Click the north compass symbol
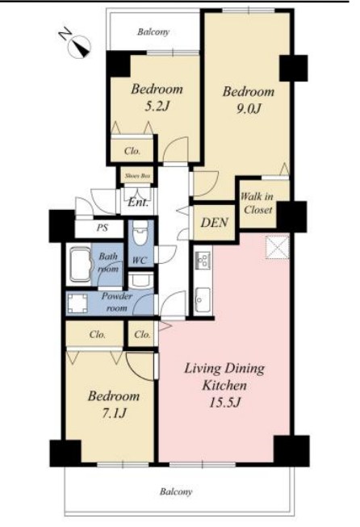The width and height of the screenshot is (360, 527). click(x=78, y=45)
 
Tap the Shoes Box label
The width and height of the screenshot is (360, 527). click(x=137, y=176)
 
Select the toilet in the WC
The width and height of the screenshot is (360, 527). click(x=140, y=233)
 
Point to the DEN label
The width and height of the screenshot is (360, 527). click(x=215, y=223)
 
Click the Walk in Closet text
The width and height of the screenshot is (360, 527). click(x=257, y=203)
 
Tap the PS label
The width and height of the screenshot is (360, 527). click(x=103, y=228)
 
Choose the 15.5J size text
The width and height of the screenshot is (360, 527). click(x=224, y=402)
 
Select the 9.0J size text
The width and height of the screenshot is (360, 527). click(x=249, y=109)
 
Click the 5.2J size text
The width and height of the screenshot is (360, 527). click(x=156, y=107)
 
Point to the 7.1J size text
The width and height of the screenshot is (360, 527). click(x=114, y=412)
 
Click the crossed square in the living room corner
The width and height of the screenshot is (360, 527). click(x=278, y=248)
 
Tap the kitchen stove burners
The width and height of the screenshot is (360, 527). click(x=203, y=260)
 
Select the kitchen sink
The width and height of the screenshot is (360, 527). click(x=203, y=299)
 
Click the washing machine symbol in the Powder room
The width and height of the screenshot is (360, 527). click(x=78, y=303)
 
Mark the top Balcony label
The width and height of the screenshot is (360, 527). click(x=153, y=32)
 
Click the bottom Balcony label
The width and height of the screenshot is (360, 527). click(x=175, y=492)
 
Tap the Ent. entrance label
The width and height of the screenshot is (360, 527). click(x=138, y=203)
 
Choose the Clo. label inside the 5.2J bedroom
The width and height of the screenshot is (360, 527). click(x=132, y=151)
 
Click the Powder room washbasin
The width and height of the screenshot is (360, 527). click(x=141, y=280)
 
